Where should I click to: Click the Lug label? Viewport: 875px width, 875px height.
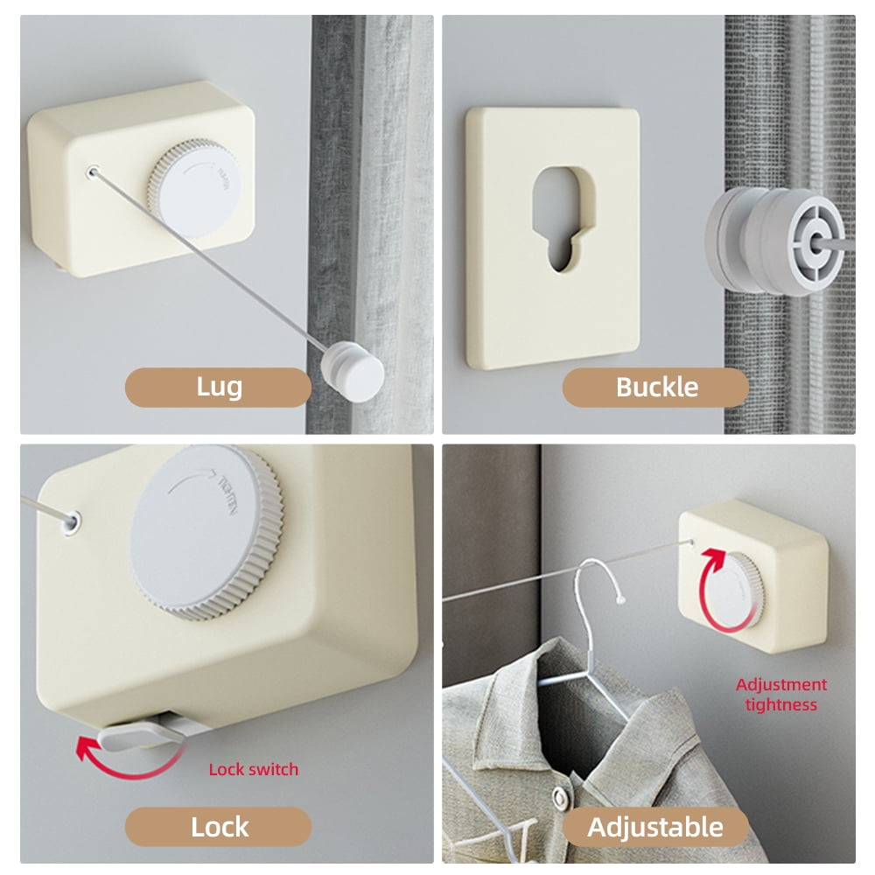218,388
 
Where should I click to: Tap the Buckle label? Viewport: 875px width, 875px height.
655,388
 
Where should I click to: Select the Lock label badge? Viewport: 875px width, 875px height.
218,827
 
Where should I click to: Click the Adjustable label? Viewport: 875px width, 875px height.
655,827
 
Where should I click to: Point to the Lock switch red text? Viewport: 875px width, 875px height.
253,769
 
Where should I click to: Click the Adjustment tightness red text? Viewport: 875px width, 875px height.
780,695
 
